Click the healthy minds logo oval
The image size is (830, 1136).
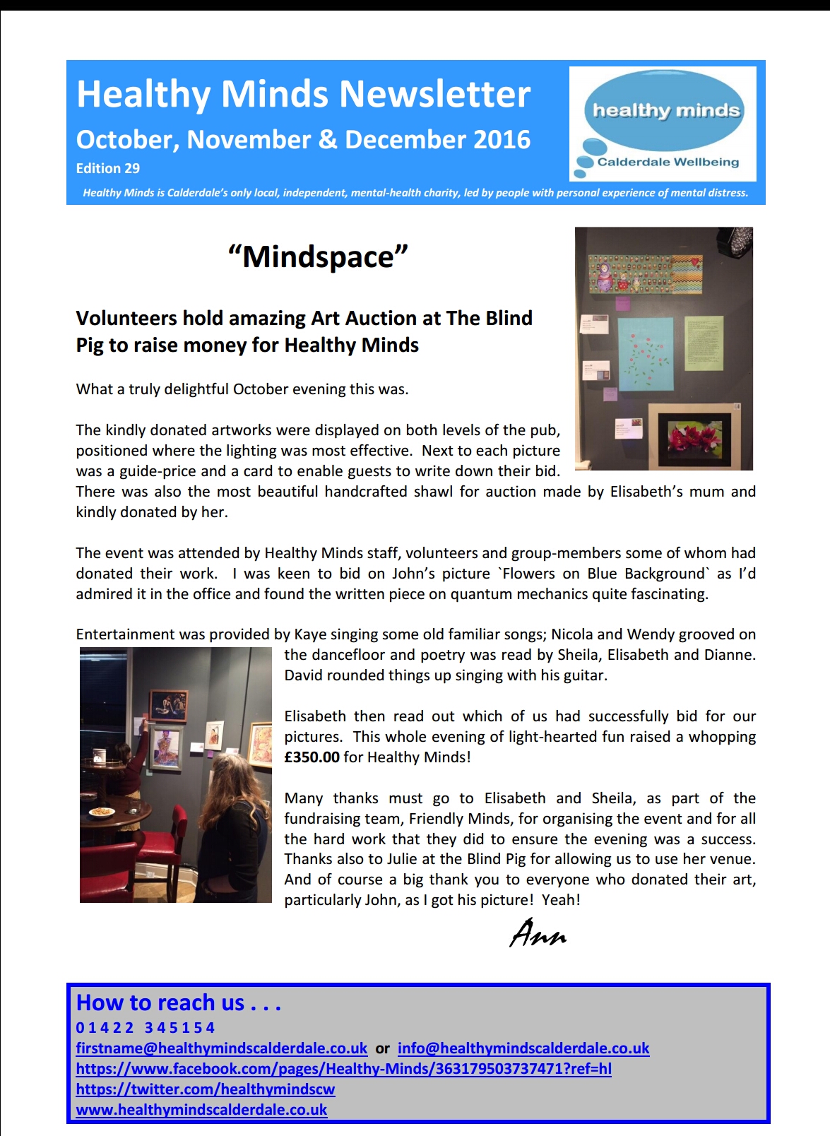point(665,110)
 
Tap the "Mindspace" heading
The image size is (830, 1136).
point(318,256)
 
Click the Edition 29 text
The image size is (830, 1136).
point(108,169)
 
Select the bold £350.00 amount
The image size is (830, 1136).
point(312,757)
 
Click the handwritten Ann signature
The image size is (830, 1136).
point(538,934)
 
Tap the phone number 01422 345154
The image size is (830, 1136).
point(145,1027)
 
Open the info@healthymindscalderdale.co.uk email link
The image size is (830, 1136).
point(523,1048)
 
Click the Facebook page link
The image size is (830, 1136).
point(343,1069)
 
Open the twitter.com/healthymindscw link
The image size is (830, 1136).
point(205,1089)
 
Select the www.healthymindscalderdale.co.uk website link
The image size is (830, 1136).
point(201,1110)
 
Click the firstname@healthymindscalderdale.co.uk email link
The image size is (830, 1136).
point(221,1048)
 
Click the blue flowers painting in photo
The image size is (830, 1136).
point(645,353)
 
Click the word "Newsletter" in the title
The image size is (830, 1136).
point(434,94)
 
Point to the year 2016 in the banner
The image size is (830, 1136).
point(502,140)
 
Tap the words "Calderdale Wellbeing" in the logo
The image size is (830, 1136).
point(668,162)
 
